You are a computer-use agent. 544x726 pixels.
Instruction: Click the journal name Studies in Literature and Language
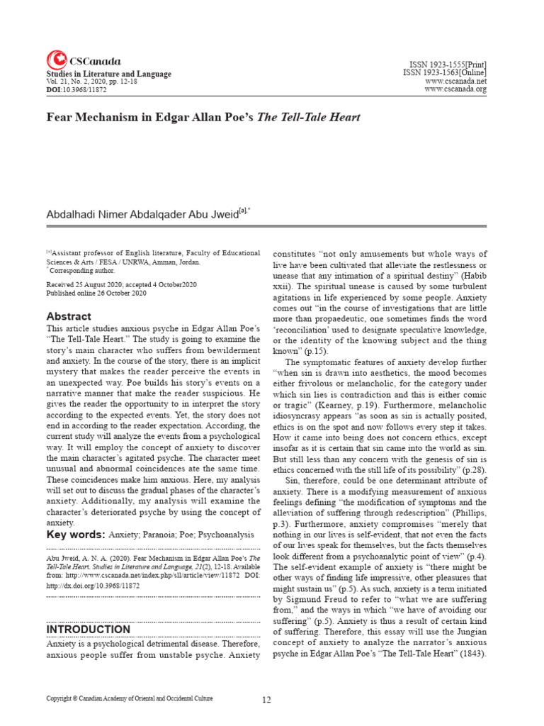108,74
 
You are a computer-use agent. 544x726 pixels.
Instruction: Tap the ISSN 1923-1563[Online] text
445,73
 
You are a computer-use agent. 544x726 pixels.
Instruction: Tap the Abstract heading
69,316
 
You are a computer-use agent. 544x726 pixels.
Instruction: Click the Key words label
76,533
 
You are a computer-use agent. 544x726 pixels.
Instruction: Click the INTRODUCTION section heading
88,629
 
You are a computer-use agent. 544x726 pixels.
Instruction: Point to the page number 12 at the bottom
266,700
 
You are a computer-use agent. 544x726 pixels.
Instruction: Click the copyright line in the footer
129,699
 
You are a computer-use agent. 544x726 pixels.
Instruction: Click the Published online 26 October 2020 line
98,293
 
